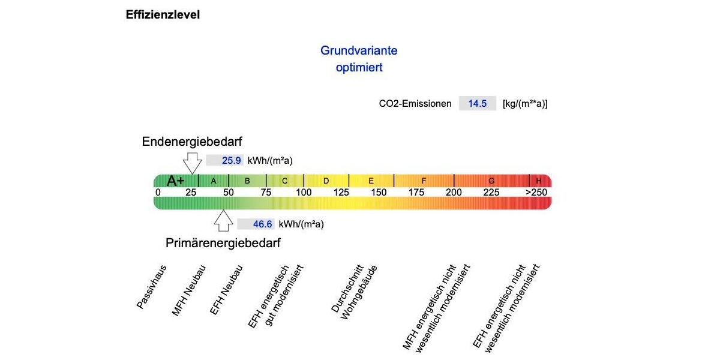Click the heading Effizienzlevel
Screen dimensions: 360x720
click(163, 15)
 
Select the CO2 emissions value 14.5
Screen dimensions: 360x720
click(478, 103)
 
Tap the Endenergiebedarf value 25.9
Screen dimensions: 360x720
click(231, 160)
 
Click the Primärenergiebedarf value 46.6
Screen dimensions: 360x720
click(262, 224)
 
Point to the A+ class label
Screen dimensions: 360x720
click(176, 181)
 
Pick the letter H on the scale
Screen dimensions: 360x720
click(539, 181)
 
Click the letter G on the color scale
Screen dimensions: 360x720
click(491, 181)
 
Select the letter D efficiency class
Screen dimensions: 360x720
click(326, 181)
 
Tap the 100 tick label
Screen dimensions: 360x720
click(304, 193)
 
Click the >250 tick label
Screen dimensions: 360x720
click(536, 193)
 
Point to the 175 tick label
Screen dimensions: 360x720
click(416, 193)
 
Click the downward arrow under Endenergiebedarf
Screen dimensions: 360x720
click(192, 162)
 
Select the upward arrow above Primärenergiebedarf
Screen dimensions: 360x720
click(223, 220)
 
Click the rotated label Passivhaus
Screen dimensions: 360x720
click(151, 286)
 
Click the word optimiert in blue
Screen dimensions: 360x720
click(359, 68)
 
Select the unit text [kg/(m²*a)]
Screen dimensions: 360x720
click(525, 103)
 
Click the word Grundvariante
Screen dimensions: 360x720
click(359, 50)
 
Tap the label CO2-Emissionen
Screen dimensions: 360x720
click(415, 103)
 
